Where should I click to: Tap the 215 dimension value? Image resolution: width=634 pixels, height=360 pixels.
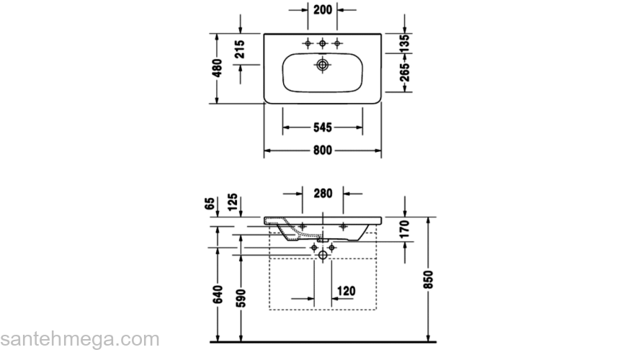click(x=241, y=48)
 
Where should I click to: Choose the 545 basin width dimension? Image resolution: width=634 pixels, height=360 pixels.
click(x=322, y=127)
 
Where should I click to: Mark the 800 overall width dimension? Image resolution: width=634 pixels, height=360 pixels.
click(x=322, y=150)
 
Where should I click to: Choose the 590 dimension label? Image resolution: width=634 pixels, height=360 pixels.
click(x=241, y=297)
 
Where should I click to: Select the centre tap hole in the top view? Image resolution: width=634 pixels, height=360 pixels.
click(x=322, y=44)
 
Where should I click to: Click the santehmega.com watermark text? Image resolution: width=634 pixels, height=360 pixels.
click(x=79, y=339)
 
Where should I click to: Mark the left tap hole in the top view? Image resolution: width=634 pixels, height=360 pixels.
click(x=308, y=44)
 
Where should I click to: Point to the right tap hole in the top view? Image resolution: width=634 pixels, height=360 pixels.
click(x=336, y=44)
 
